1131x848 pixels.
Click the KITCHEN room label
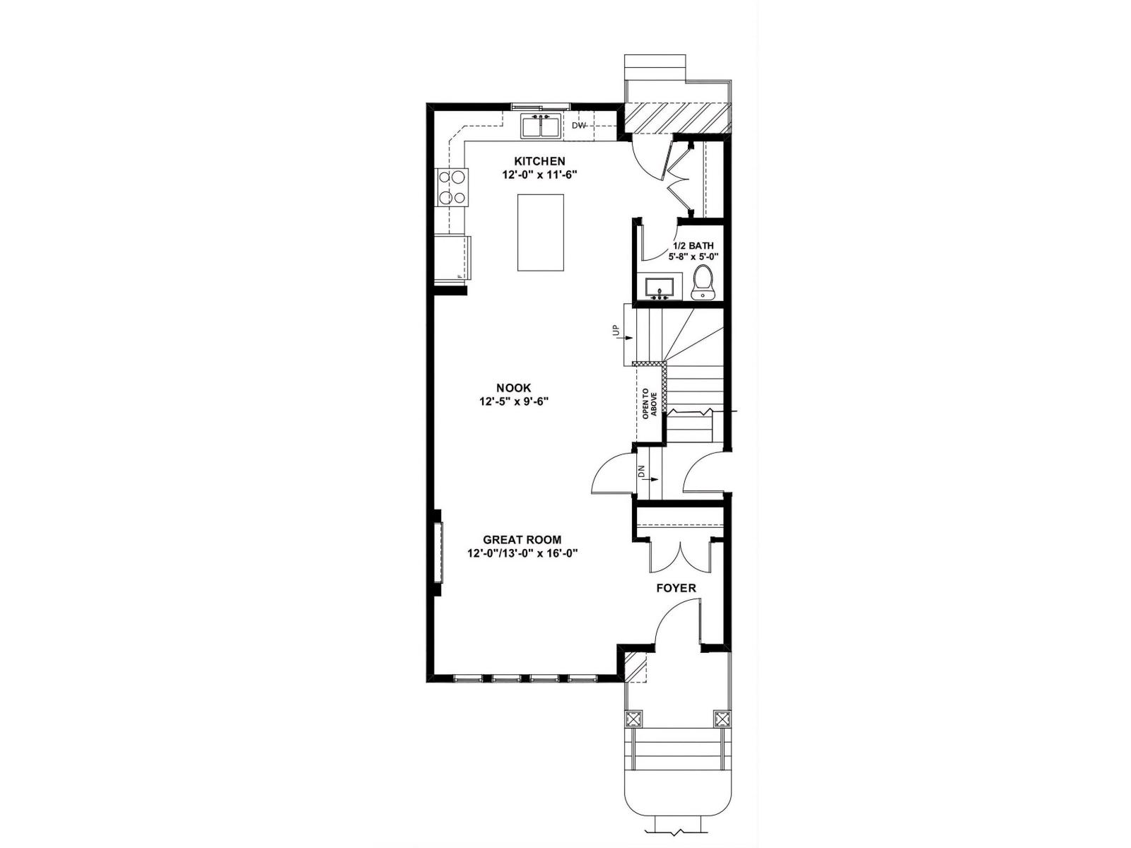pyautogui.click(x=539, y=161)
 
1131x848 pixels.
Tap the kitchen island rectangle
pyautogui.click(x=541, y=232)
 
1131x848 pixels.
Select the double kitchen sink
pyautogui.click(x=541, y=127)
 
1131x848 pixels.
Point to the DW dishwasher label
pyautogui.click(x=579, y=126)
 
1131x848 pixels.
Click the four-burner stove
pyautogui.click(x=452, y=187)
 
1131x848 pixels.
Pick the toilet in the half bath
pyautogui.click(x=703, y=283)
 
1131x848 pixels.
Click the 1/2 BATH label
pyautogui.click(x=693, y=245)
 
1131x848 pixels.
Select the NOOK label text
pyautogui.click(x=514, y=388)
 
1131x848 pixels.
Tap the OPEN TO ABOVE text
pyautogui.click(x=650, y=405)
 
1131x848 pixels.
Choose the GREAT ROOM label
pyautogui.click(x=522, y=540)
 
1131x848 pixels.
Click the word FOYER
pyautogui.click(x=676, y=588)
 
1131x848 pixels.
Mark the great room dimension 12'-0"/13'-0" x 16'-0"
pyautogui.click(x=522, y=554)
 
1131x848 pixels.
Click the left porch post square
pyautogui.click(x=634, y=719)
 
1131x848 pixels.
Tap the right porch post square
pyautogui.click(x=722, y=719)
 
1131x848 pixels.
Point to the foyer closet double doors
pyautogui.click(x=679, y=557)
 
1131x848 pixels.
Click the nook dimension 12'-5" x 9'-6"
pyautogui.click(x=514, y=401)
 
